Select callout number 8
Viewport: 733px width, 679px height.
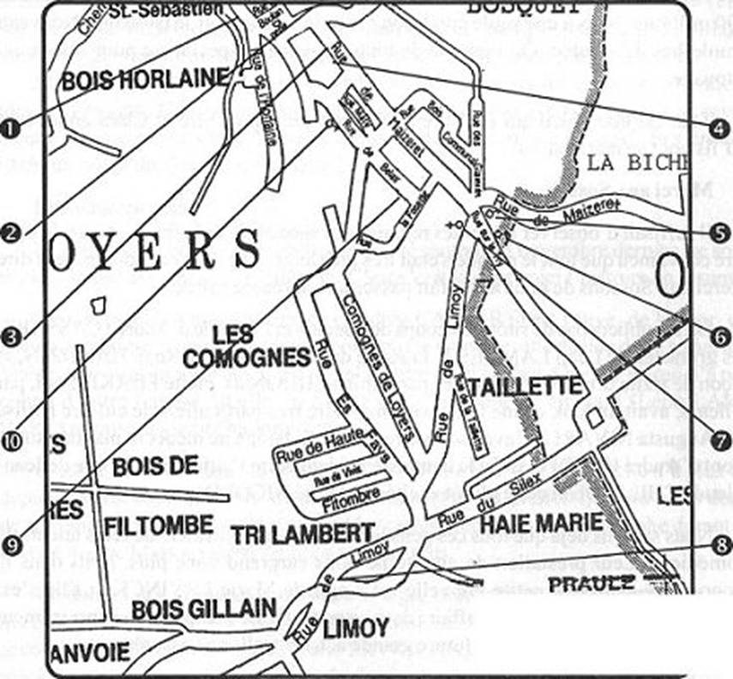click(720, 543)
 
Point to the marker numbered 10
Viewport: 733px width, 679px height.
click(10, 439)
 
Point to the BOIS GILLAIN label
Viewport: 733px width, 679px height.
click(203, 609)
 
